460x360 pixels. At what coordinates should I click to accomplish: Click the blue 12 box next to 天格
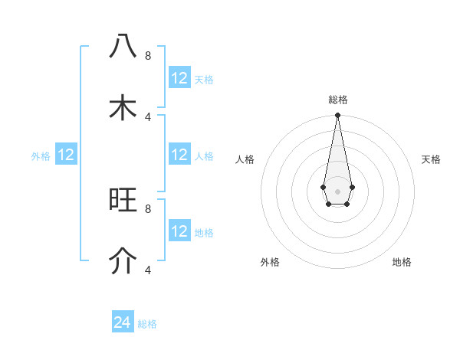tap(179, 78)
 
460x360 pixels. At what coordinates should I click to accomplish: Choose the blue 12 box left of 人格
tap(179, 155)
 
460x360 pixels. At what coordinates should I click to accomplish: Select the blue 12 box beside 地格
tap(179, 231)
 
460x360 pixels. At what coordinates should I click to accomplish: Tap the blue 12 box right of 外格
tap(66, 155)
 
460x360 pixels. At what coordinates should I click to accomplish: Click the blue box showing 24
tap(123, 322)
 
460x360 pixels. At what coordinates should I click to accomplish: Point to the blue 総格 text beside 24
tap(147, 324)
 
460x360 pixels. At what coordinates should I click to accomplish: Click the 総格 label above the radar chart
tap(337, 100)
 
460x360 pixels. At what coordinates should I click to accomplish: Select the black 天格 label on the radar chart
tap(431, 159)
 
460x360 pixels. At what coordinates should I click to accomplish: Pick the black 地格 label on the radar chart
tap(402, 262)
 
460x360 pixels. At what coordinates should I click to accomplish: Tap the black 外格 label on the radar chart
tap(270, 262)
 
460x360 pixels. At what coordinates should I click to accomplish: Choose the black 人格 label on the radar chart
tap(245, 159)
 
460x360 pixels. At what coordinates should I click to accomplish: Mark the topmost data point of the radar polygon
tap(337, 116)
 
